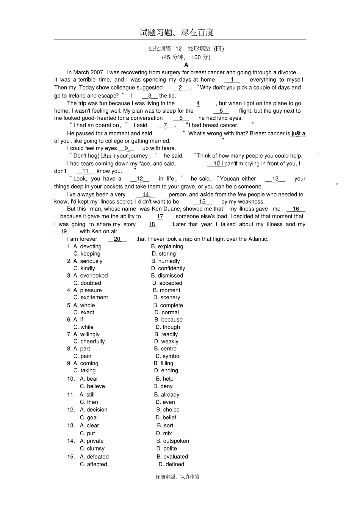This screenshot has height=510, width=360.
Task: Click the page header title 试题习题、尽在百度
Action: tap(177, 33)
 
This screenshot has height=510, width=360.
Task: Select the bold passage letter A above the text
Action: tap(186, 65)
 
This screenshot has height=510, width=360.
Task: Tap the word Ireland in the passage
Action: tap(79, 96)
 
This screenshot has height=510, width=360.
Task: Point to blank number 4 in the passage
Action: tap(198, 103)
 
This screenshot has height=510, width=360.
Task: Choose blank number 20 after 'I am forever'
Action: tap(117, 239)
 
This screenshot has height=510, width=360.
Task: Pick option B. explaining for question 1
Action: tap(167, 246)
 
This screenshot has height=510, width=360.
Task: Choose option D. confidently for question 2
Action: tap(168, 268)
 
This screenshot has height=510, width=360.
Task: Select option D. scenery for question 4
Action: tap(167, 298)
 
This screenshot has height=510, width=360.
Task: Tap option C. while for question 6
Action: tap(83, 327)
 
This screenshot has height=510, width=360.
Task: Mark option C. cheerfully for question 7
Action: tap(89, 342)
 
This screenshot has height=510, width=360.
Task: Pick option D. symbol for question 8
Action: tap(168, 356)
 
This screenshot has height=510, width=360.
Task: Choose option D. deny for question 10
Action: tap(163, 386)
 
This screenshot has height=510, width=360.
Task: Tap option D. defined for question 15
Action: tap(171, 464)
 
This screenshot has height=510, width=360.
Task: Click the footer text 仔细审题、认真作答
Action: tap(177, 477)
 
